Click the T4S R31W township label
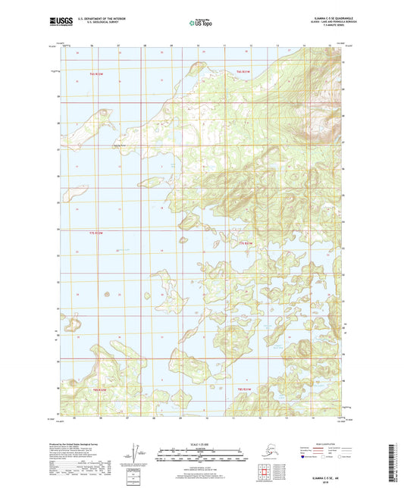click(x=242, y=70)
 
